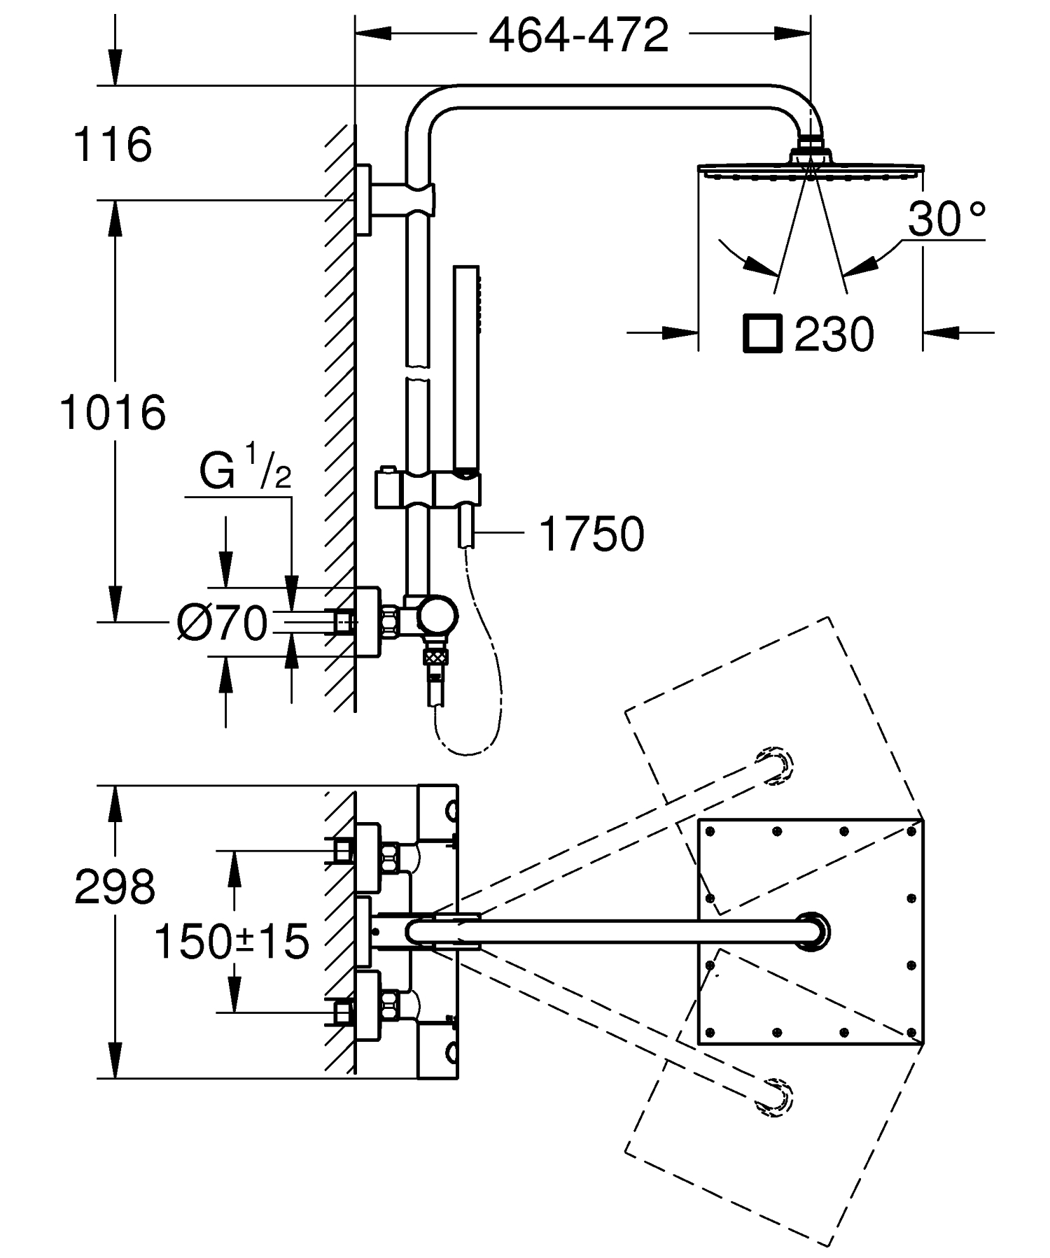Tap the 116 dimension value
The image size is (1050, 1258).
point(113,145)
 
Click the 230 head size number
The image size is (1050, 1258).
point(834,334)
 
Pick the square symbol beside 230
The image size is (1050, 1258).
point(762,332)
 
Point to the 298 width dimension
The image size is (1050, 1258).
point(114,887)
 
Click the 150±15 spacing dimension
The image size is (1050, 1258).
point(231,941)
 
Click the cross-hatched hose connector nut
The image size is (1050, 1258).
point(435,657)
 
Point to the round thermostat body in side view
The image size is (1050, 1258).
point(437,617)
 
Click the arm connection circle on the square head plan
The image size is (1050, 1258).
point(813,931)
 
